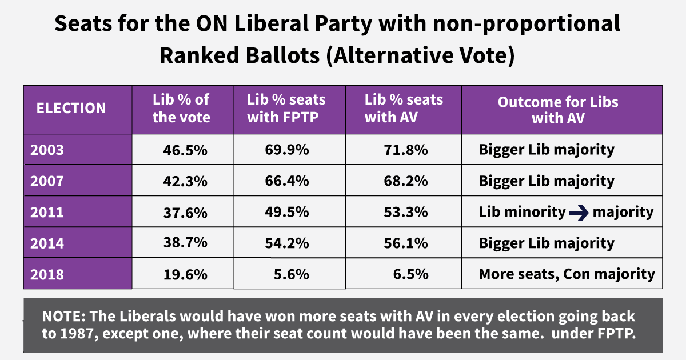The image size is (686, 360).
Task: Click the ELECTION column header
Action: tap(71, 109)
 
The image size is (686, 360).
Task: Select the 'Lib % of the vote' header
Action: tap(181, 109)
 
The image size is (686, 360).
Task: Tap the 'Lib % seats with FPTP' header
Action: tap(286, 109)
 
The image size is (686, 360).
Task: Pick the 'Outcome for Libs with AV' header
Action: tap(558, 110)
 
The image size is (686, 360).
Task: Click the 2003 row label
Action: tap(48, 150)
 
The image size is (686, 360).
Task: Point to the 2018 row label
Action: tap(48, 274)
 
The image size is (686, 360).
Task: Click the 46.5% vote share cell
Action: tap(184, 150)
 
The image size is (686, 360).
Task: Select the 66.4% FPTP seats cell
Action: tap(287, 181)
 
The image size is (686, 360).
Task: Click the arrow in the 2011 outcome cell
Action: tap(579, 213)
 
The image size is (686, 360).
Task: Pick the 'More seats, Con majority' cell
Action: tap(567, 274)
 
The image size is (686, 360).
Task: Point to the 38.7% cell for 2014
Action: tap(184, 243)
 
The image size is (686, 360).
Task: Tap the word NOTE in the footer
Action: tap(61, 317)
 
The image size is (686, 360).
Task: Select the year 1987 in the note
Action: tap(78, 333)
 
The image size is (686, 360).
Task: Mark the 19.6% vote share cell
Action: tap(184, 274)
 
